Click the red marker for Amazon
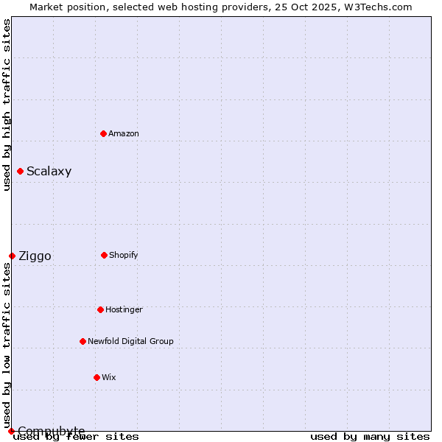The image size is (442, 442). point(103,133)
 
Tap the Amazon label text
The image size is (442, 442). point(124,133)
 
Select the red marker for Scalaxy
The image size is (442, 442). point(20,172)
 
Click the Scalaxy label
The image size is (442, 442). point(49,172)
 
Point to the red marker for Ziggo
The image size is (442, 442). point(12,256)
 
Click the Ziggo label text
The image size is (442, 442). point(35,256)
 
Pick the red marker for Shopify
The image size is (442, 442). point(104,255)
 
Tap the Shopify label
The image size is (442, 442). point(124,255)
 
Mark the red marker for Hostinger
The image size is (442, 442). point(100,309)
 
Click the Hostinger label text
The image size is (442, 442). point(124,309)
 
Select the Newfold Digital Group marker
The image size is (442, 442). point(83,341)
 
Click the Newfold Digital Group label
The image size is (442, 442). point(130,341)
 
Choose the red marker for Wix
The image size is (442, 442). point(97,377)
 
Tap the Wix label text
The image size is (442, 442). point(109,377)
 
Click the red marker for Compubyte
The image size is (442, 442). point(11,431)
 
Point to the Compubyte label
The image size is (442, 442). point(52,431)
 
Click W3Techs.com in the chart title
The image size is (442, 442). point(376,7)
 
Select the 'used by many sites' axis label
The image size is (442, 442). point(370,436)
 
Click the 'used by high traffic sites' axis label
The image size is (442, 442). point(7,105)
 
